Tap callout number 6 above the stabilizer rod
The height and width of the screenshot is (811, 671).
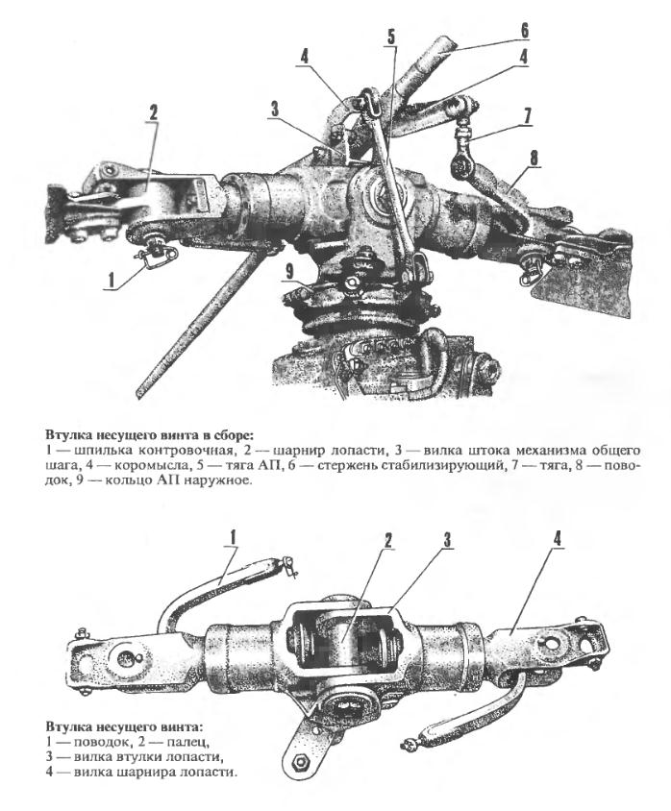(x=525, y=31)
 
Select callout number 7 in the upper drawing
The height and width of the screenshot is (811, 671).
(x=527, y=116)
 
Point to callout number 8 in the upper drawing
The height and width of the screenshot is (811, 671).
(x=534, y=159)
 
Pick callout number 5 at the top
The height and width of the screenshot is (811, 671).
(x=390, y=37)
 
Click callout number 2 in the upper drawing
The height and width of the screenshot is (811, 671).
(x=153, y=112)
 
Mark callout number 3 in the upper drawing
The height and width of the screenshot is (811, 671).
(x=274, y=110)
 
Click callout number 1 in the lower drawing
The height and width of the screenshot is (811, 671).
(x=233, y=537)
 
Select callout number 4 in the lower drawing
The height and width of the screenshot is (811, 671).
(x=557, y=539)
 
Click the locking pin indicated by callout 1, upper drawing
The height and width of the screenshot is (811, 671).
(x=158, y=256)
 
